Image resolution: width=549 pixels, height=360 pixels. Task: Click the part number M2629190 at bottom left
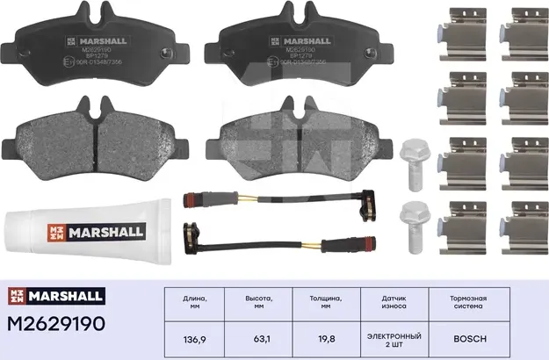coord(55,324)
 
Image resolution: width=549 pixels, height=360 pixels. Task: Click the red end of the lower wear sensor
coord(188,232)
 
